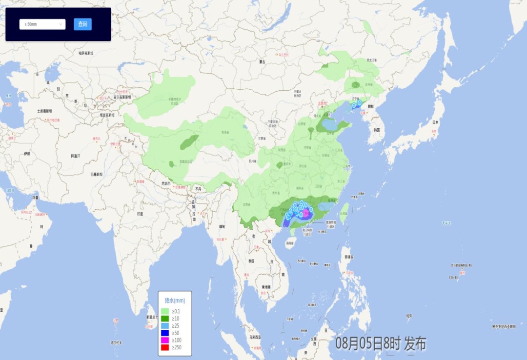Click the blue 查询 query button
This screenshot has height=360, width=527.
point(82,24)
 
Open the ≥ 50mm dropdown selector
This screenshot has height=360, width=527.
point(42,24)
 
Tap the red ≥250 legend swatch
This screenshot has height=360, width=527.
point(165,347)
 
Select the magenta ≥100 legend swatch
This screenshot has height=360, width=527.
point(165,340)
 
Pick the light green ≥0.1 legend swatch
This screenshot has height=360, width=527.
point(165,311)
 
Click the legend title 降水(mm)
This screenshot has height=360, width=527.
point(175,300)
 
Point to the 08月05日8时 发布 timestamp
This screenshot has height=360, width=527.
point(381,343)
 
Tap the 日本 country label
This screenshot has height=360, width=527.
point(435,122)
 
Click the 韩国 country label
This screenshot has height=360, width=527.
point(377,130)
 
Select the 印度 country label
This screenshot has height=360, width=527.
point(140,214)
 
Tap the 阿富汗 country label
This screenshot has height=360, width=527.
point(75,156)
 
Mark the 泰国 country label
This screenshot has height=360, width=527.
point(251,262)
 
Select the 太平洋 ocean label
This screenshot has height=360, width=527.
point(446,223)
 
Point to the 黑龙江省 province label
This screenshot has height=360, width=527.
point(372,60)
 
